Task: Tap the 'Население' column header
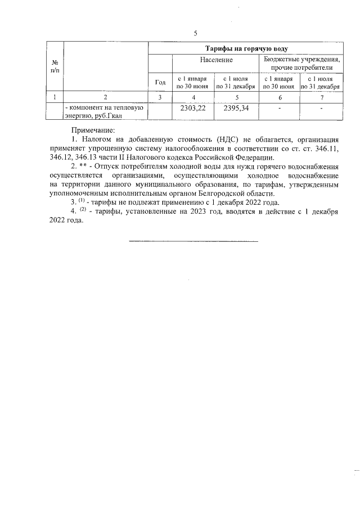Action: click(x=216, y=60)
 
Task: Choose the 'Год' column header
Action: click(x=160, y=83)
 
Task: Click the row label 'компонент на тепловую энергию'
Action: click(x=105, y=111)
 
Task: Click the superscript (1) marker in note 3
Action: click(x=82, y=201)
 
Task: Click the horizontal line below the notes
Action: click(x=193, y=241)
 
